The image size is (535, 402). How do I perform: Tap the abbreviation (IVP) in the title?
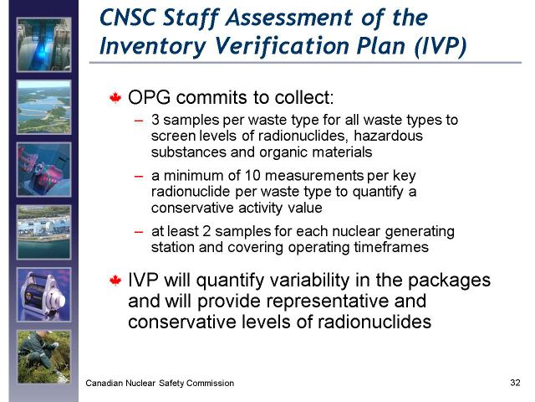pos(441,46)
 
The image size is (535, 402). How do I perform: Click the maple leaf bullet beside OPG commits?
pos(115,98)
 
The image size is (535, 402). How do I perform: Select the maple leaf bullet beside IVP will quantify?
pos(115,281)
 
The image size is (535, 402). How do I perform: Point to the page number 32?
pos(515,382)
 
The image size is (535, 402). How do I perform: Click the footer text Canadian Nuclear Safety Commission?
pos(160,384)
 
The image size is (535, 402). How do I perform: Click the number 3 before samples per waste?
pos(155,120)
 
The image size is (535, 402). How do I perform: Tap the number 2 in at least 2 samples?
pos(206,231)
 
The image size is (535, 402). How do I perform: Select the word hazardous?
pos(388,136)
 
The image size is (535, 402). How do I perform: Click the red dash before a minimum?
pos(139,177)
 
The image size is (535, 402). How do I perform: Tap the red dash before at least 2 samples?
pos(139,232)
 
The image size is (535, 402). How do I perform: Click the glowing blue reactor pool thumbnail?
pos(44,44)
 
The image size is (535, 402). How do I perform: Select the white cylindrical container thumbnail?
pos(44,295)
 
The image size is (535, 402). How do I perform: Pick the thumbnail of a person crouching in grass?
pos(44,358)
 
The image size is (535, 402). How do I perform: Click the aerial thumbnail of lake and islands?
pos(44,107)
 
